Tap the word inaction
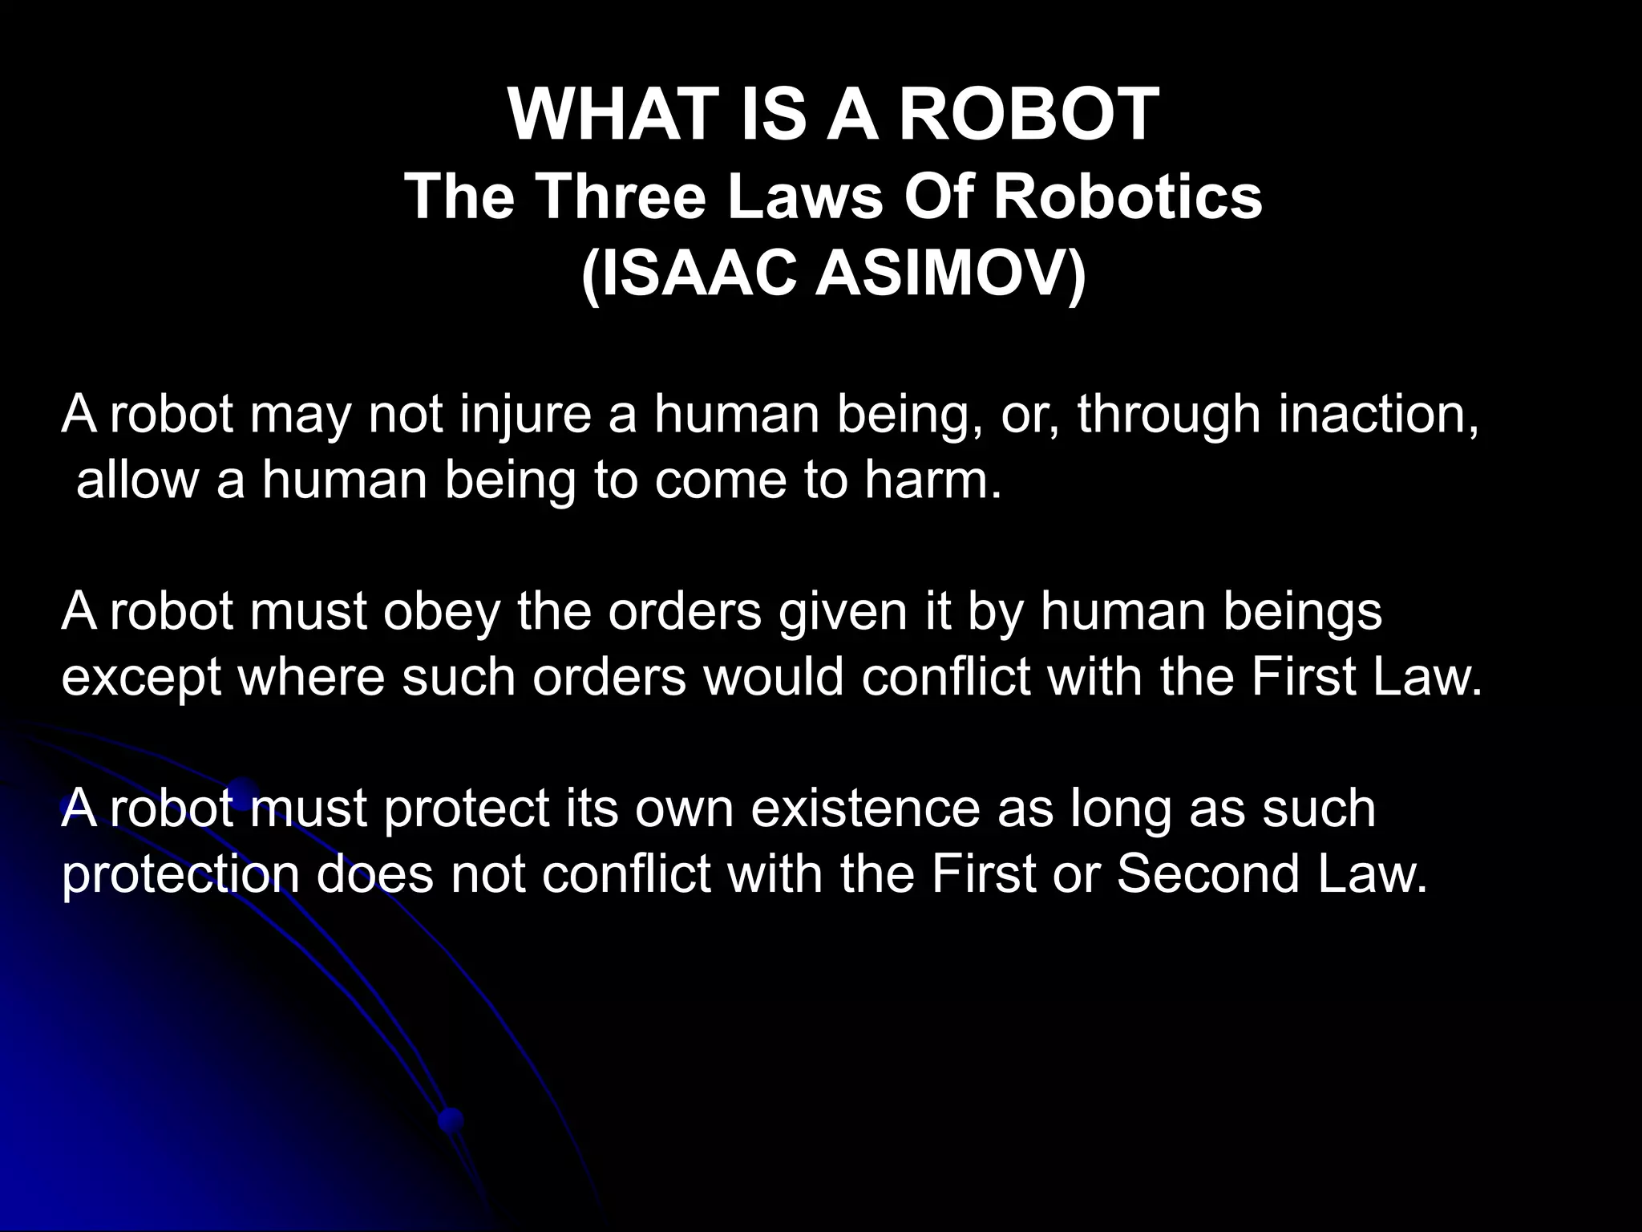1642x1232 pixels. click(1377, 415)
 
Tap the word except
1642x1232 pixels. click(141, 678)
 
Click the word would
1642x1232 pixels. click(773, 678)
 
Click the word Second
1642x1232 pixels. click(1207, 874)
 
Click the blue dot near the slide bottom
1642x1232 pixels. click(451, 1119)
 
